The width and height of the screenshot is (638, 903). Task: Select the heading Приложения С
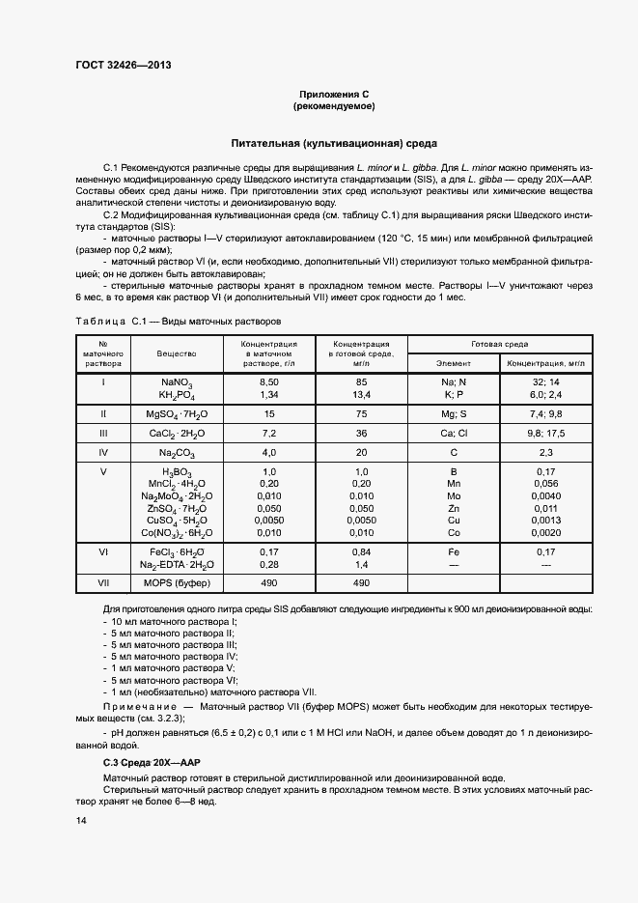pyautogui.click(x=333, y=94)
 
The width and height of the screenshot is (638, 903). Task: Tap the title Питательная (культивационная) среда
pyautogui.click(x=333, y=143)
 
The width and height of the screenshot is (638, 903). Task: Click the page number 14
pyautogui.click(x=81, y=820)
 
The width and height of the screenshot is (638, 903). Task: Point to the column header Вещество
pyautogui.click(x=177, y=354)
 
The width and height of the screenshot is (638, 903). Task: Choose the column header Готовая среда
pyautogui.click(x=499, y=344)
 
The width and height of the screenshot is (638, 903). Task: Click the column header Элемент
pyautogui.click(x=454, y=364)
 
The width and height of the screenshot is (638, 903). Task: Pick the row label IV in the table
pyautogui.click(x=103, y=452)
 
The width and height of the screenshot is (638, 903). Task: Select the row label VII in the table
pyautogui.click(x=103, y=583)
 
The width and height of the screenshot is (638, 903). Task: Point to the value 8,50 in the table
pyautogui.click(x=268, y=383)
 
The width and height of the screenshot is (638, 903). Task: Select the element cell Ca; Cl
pyautogui.click(x=454, y=433)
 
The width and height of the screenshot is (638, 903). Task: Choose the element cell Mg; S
pyautogui.click(x=454, y=412)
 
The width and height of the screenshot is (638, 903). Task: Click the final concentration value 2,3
pyautogui.click(x=545, y=452)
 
